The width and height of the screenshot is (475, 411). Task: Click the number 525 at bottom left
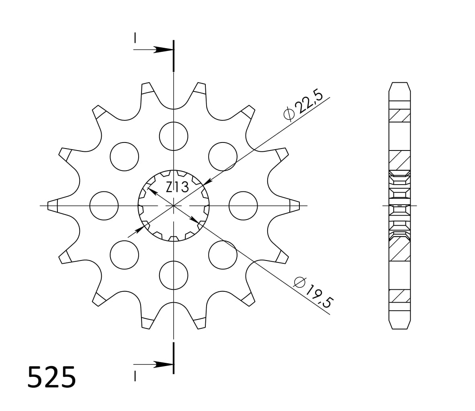[51, 377]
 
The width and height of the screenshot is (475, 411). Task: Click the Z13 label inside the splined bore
[177, 187]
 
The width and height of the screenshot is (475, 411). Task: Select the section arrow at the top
[163, 50]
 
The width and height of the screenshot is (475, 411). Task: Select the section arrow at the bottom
[163, 364]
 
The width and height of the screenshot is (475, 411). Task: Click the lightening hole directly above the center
[174, 136]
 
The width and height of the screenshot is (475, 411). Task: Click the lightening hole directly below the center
[174, 275]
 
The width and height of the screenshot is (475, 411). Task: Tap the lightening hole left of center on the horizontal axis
[104, 205]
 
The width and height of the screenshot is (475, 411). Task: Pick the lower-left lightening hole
[124, 255]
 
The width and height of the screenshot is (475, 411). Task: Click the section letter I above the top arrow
[135, 38]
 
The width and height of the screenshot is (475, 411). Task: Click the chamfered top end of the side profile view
[399, 87]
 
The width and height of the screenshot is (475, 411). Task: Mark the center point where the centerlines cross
[174, 205]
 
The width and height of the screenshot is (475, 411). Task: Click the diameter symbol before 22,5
[289, 114]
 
